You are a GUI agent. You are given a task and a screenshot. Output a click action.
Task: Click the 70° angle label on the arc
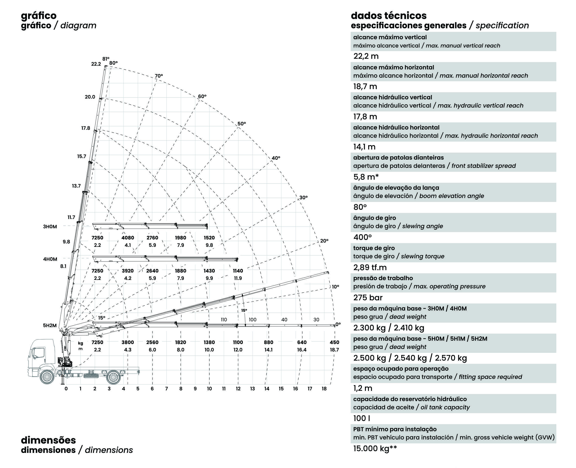(x=159, y=76)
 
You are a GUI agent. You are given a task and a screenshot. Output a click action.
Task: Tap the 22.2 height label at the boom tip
(x=96, y=64)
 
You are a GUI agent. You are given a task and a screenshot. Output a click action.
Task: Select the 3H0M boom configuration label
(x=50, y=226)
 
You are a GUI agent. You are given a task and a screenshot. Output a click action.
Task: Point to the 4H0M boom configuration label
(x=50, y=259)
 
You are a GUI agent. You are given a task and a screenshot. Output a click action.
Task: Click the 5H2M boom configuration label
(x=50, y=325)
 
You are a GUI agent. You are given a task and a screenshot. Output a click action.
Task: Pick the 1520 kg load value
(x=209, y=238)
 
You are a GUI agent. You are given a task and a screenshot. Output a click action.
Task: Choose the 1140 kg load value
(x=238, y=271)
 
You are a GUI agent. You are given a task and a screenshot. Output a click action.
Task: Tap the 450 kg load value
(x=334, y=342)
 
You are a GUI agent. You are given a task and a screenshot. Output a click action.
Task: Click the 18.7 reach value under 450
(x=334, y=350)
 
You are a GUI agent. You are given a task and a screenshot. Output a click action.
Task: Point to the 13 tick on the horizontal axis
(x=252, y=389)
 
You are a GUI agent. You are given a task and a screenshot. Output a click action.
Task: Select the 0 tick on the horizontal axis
(x=66, y=389)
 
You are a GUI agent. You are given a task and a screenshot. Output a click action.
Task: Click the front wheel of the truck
(x=47, y=377)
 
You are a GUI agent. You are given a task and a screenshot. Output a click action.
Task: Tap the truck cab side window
(x=39, y=353)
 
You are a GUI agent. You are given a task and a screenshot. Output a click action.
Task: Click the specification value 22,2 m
(x=366, y=56)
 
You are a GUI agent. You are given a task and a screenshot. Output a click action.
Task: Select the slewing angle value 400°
(x=362, y=237)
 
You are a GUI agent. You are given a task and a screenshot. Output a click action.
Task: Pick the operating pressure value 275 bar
(x=368, y=298)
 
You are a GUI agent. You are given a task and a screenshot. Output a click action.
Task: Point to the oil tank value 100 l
(x=361, y=418)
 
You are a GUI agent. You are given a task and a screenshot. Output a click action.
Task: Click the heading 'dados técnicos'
(x=388, y=16)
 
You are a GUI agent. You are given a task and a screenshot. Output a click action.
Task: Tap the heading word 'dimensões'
(x=49, y=440)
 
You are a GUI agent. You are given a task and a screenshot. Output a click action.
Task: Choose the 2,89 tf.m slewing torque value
(x=370, y=267)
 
